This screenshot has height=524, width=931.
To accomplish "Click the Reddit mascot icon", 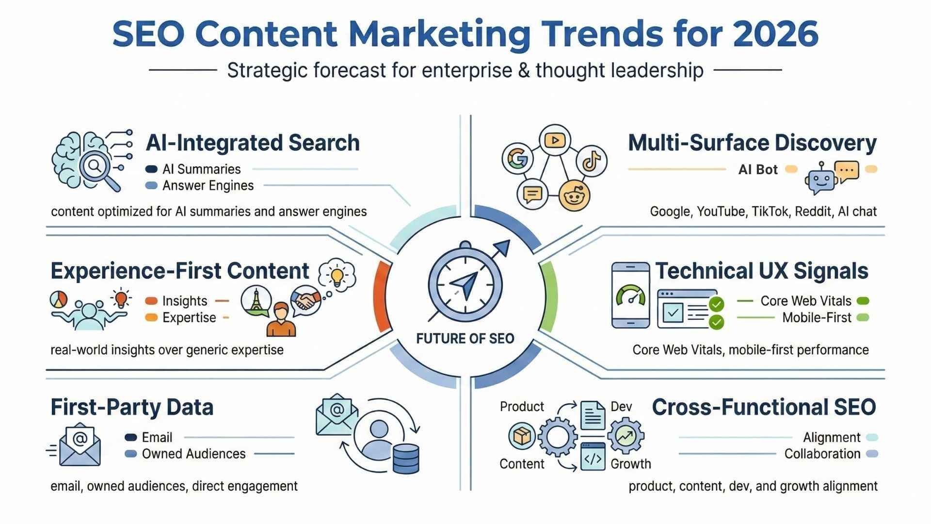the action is click(x=575, y=196).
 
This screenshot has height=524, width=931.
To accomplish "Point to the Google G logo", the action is click(x=518, y=158).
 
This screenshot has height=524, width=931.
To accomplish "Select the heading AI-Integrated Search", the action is click(x=253, y=143).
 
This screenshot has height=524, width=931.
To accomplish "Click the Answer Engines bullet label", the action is click(x=208, y=186).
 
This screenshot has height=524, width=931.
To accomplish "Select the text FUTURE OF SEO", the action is click(x=465, y=339).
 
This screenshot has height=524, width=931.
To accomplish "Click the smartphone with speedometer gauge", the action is click(x=630, y=295).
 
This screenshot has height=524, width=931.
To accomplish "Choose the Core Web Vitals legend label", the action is click(x=806, y=301).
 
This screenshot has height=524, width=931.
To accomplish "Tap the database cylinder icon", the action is click(x=406, y=458).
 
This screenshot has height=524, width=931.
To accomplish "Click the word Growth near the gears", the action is click(x=630, y=464).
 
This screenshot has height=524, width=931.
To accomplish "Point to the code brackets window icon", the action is click(x=593, y=456).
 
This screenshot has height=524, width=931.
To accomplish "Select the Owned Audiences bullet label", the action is click(x=194, y=454).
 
